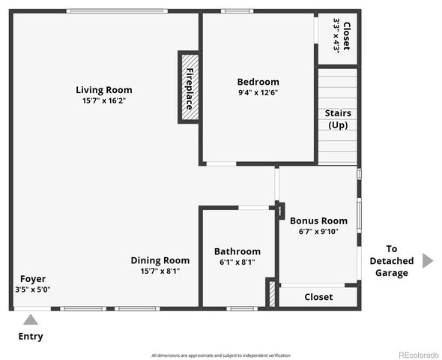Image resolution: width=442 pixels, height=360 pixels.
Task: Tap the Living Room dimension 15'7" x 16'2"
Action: [x=104, y=100]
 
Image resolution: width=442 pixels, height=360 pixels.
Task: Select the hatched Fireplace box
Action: [x=188, y=87]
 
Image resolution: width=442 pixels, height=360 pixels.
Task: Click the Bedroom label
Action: [x=258, y=82]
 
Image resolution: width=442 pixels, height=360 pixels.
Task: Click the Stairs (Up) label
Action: [x=338, y=118]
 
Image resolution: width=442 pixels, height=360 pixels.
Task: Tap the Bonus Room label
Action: [x=318, y=220]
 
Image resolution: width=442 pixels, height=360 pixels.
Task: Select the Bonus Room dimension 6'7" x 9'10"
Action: [x=318, y=231]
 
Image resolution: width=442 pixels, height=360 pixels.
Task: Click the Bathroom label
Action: [x=237, y=251]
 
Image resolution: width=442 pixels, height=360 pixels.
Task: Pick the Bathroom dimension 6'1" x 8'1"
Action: [x=237, y=262]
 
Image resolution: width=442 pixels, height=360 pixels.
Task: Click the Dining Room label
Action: [x=160, y=260]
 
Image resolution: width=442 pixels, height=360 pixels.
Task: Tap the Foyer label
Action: [x=33, y=278]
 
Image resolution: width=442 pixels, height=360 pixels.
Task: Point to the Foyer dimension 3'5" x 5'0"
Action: [x=33, y=289]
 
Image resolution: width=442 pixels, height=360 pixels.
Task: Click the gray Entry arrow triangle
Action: [x=30, y=319]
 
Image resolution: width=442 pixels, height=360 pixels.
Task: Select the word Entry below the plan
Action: [x=30, y=336]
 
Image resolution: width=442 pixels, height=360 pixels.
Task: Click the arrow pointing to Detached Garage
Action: [x=427, y=260]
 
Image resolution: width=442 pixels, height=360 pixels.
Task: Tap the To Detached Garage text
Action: [x=391, y=260]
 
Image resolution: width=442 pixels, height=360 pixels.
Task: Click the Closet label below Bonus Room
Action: [x=318, y=297]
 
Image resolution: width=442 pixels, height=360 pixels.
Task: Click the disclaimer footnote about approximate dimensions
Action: [x=220, y=355]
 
